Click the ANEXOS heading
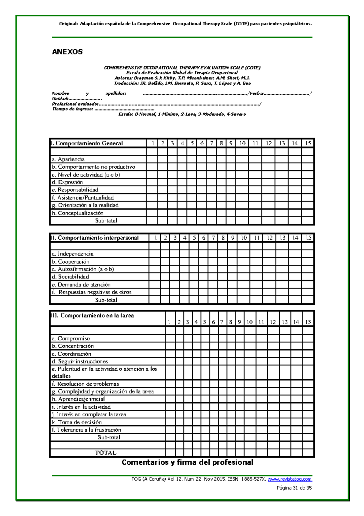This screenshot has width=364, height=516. click(67, 52)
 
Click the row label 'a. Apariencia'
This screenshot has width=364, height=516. click(68, 159)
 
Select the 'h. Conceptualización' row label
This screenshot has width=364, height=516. click(78, 213)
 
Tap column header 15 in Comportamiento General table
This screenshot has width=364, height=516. click(308, 143)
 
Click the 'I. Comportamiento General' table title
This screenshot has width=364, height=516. click(87, 143)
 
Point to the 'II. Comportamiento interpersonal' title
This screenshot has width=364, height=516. click(95, 238)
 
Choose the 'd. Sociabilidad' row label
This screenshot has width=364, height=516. click(70, 277)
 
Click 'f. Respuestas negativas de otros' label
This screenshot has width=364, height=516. click(92, 292)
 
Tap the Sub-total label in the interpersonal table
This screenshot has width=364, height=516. click(106, 300)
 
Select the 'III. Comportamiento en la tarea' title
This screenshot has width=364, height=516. click(93, 315)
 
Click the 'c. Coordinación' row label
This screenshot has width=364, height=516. click(72, 354)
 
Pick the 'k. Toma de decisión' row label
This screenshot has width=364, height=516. click(77, 422)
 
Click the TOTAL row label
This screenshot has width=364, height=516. click(105, 452)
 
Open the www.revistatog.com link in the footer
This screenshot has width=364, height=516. click(290, 479)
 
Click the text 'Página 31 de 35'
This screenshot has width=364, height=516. click(294, 488)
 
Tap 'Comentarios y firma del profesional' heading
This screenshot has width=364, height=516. click(187, 462)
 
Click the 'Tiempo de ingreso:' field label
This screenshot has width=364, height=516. click(72, 109)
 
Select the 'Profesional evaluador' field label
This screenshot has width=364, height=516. click(75, 104)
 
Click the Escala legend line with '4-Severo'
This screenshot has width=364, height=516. click(182, 114)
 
